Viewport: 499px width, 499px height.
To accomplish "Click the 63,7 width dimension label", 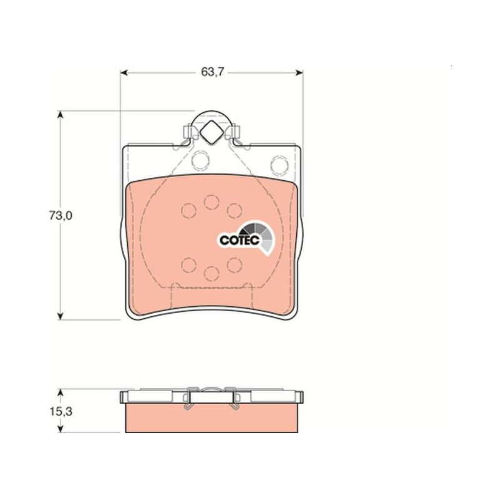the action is coord(213,72).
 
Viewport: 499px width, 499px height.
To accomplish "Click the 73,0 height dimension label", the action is coord(61,216).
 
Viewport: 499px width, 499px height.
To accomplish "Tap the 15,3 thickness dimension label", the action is coord(61,412).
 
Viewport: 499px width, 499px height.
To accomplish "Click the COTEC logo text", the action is coord(240,240).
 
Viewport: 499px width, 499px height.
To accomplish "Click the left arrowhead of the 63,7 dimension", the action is coord(124,73).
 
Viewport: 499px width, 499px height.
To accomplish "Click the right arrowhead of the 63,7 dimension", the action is coord(299,73).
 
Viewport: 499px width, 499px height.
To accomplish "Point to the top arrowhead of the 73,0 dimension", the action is coord(60,115).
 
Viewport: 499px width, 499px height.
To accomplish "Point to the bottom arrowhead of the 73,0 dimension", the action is coord(60,316).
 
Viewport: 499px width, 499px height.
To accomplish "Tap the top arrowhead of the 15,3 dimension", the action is coord(60,392).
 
